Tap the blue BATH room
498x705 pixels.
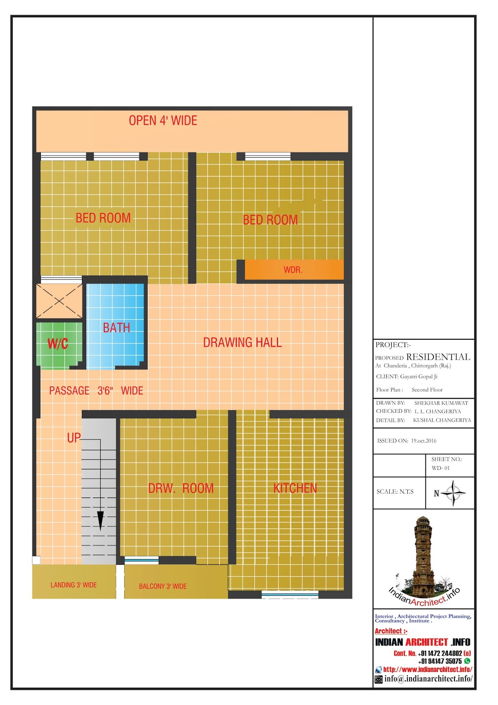click(x=115, y=326)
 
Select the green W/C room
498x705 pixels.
click(x=59, y=345)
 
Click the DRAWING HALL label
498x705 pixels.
click(x=242, y=342)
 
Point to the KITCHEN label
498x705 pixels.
click(x=295, y=488)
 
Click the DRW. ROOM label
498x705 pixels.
click(x=181, y=488)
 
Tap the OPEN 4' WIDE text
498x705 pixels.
click(x=163, y=121)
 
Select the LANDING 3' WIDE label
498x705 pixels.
click(x=73, y=585)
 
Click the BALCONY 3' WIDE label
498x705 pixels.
click(x=163, y=586)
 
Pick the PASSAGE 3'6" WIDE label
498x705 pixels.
click(x=96, y=390)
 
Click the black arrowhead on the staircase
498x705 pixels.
click(x=100, y=521)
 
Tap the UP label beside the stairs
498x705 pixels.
click(x=74, y=438)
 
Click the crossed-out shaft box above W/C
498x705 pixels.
click(x=59, y=301)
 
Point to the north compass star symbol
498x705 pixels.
click(x=453, y=493)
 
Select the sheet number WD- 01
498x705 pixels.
click(x=440, y=468)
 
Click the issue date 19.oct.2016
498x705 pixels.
click(x=424, y=441)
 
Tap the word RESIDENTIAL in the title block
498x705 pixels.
click(x=438, y=357)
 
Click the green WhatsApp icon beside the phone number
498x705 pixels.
click(x=467, y=661)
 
